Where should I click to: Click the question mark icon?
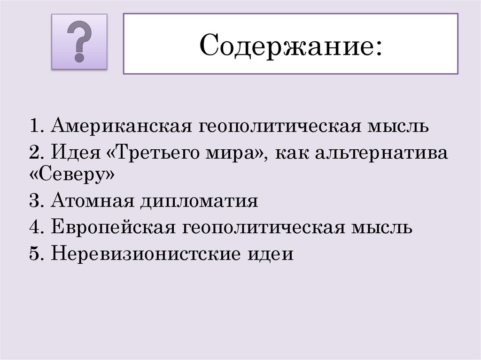coord(79,42)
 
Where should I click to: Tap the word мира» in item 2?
coord(240,153)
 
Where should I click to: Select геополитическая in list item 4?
coord(265,228)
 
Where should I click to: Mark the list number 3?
coord(36,202)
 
